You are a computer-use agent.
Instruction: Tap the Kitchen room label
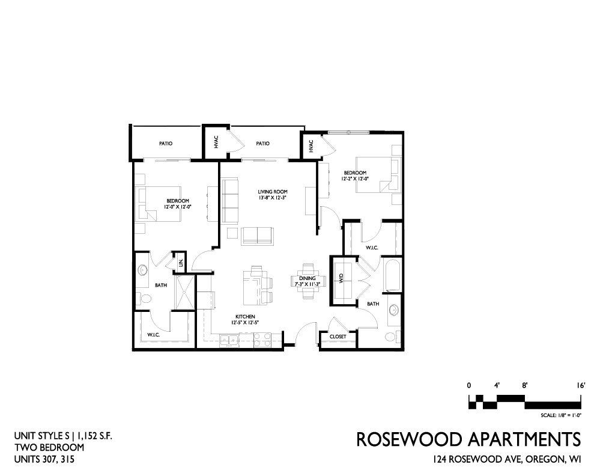click(245, 317)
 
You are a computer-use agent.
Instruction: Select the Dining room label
click(307, 278)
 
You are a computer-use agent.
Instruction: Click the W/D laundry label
click(341, 278)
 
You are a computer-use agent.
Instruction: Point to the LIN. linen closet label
click(181, 263)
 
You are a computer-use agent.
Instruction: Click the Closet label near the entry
click(338, 337)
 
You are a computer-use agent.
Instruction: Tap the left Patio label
click(166, 144)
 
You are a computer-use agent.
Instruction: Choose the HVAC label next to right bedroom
click(312, 146)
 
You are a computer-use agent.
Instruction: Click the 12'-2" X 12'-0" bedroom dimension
click(355, 178)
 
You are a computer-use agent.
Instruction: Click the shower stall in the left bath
click(184, 293)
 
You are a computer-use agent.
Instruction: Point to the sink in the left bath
click(142, 270)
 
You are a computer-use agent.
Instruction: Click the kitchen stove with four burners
click(262, 340)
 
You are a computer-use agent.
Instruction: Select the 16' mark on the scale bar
click(581, 385)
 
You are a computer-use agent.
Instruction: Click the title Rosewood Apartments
click(468, 439)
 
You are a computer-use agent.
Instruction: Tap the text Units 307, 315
click(44, 459)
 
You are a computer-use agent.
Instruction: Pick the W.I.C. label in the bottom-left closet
click(153, 335)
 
